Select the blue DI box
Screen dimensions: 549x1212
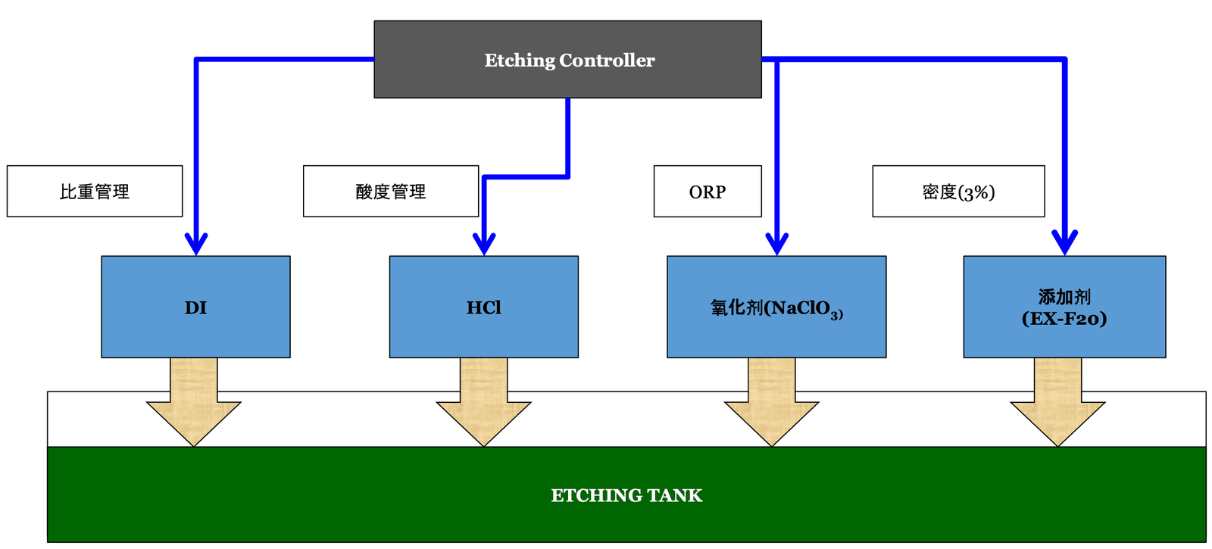tap(195, 307)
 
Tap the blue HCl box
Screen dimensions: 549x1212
tap(483, 307)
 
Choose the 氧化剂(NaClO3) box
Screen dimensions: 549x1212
tap(776, 307)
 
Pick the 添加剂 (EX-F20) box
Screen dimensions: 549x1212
tap(1064, 307)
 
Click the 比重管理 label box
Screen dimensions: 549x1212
tap(95, 192)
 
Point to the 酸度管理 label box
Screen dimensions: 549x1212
tap(391, 192)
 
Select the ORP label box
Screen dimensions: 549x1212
tap(708, 192)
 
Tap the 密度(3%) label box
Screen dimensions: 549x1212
tap(958, 192)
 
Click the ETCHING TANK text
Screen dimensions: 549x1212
tap(626, 495)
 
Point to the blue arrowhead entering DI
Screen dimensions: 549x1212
tap(196, 245)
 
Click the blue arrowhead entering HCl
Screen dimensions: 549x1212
tap(484, 245)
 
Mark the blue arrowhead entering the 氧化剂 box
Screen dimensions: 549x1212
tap(777, 245)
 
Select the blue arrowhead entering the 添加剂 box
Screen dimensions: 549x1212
tap(1065, 245)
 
